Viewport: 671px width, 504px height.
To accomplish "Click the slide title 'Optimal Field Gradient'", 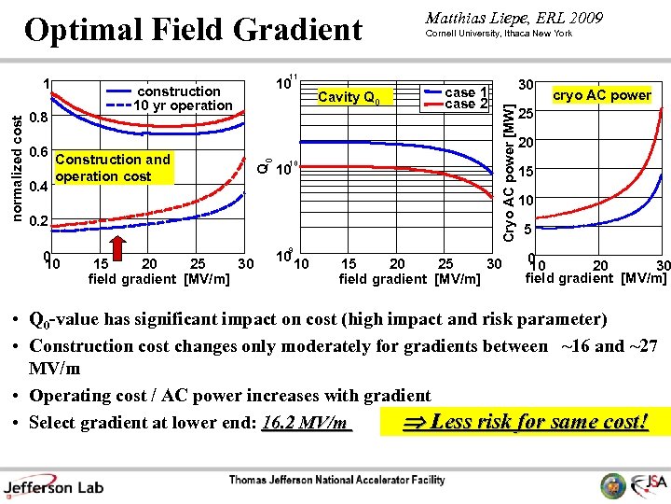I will click(x=193, y=30).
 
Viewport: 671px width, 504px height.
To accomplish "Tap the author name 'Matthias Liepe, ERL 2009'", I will click(x=514, y=18).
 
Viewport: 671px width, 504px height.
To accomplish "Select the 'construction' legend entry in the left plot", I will click(x=178, y=91).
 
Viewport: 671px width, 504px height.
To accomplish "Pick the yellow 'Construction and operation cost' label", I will click(x=113, y=168).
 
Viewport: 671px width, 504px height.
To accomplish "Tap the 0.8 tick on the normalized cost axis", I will click(x=37, y=119).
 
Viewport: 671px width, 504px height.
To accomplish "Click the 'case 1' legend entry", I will click(x=466, y=91).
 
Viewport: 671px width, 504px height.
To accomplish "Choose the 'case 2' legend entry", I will click(x=466, y=105).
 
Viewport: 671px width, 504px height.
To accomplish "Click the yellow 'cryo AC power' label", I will click(x=601, y=95).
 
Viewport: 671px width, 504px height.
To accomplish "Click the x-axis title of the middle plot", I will click(x=410, y=279).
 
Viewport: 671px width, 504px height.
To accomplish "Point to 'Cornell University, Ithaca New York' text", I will click(x=499, y=34).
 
